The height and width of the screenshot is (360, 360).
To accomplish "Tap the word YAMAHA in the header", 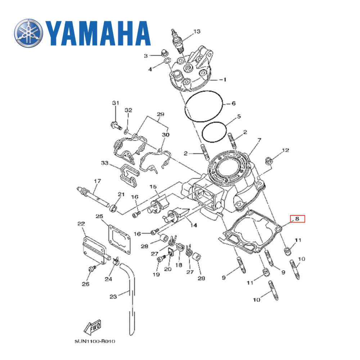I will click(98, 33).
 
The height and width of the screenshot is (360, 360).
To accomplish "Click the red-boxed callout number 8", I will click(297, 219).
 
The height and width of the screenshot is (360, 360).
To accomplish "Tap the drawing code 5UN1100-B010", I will click(96, 341).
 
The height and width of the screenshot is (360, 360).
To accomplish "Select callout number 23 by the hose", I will click(113, 297).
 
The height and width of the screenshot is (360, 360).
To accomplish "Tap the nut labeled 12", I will click(268, 159).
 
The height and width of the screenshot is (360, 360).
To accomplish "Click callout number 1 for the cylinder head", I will click(225, 80).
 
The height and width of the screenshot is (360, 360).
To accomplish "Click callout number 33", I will click(104, 163).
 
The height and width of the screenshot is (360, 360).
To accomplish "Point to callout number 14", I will click(194, 226).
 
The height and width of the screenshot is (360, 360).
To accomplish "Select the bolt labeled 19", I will click(161, 258).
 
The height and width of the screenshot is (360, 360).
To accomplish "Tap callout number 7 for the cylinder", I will click(259, 140).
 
